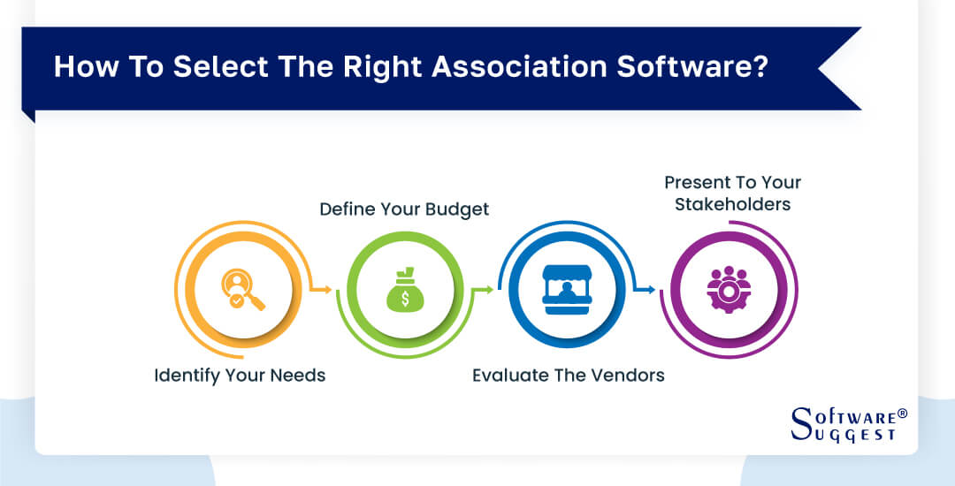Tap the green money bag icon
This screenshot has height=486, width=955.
(405, 292)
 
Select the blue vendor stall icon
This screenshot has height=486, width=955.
(566, 292)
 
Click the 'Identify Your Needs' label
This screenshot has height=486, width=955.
(240, 376)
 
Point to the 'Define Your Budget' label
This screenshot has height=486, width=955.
(404, 209)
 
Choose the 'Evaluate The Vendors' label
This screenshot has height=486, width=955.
(568, 376)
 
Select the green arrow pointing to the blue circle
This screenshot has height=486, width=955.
(485, 289)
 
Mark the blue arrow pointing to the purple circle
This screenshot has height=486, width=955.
(648, 289)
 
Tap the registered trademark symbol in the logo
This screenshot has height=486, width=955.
(902, 413)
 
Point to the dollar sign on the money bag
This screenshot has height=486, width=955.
(405, 299)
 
